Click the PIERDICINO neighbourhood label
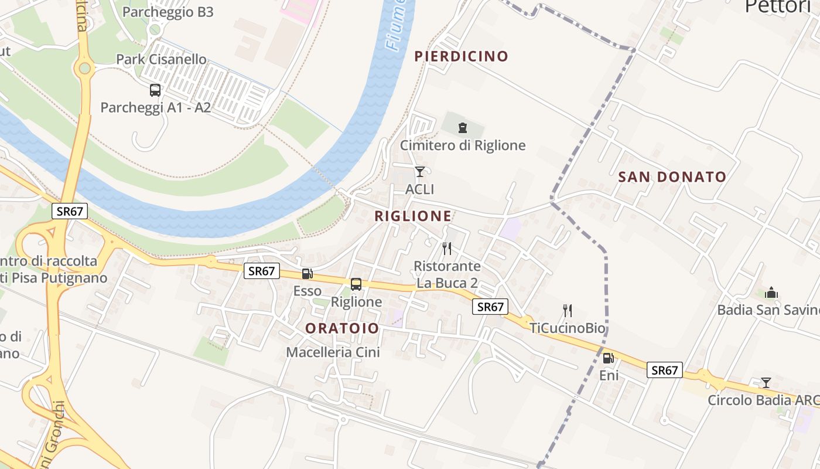(461, 56)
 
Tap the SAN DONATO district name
(672, 176)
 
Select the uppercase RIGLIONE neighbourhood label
(413, 216)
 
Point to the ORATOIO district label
(342, 328)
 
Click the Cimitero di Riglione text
(463, 145)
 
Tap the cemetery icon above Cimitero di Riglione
(463, 127)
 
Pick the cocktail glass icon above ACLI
(419, 172)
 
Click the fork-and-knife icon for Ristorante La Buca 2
(447, 249)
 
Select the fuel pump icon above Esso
(307, 273)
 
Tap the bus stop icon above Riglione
(356, 284)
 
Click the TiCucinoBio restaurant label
(567, 328)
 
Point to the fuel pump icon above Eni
(609, 358)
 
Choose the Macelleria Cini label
(333, 352)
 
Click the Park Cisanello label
(161, 59)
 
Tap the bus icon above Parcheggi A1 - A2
(155, 90)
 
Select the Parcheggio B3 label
(168, 12)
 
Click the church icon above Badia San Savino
(771, 293)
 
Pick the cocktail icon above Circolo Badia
(766, 383)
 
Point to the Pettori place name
(777, 7)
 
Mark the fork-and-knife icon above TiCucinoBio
(567, 310)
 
